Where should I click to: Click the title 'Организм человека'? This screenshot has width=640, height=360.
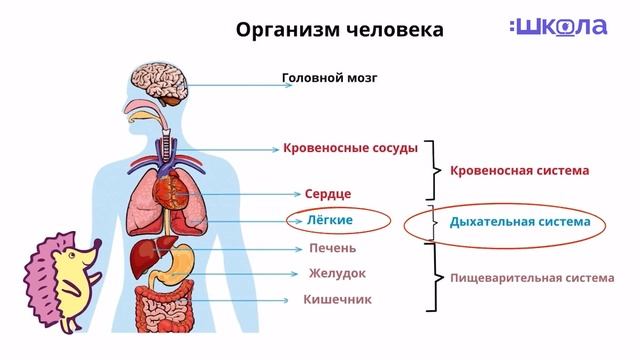tap(339, 29)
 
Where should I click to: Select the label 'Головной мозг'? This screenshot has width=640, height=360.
tap(329, 77)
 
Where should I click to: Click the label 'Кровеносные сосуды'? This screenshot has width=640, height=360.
tap(349, 148)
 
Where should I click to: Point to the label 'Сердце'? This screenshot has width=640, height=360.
tap(328, 193)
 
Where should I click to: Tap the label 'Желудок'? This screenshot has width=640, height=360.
tap(336, 273)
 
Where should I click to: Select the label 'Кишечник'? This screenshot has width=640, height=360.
tap(337, 299)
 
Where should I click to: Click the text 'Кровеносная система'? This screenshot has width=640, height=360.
tap(519, 171)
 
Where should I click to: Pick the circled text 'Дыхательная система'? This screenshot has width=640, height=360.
tap(520, 222)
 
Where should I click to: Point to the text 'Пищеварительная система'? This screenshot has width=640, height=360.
tap(531, 278)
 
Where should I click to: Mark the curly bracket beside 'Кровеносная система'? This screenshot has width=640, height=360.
tap(433, 170)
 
